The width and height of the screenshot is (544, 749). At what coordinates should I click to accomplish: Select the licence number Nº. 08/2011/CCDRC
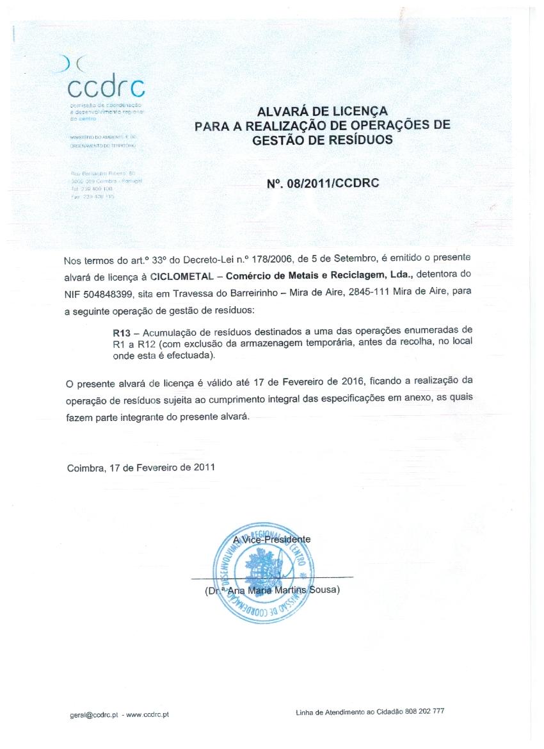click(x=323, y=183)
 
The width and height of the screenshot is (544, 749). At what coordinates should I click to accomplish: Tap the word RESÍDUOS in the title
click(x=362, y=138)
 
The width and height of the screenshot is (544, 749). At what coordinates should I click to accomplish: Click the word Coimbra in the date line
click(x=85, y=468)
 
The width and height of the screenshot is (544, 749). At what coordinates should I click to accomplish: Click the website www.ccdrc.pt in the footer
click(x=148, y=714)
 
